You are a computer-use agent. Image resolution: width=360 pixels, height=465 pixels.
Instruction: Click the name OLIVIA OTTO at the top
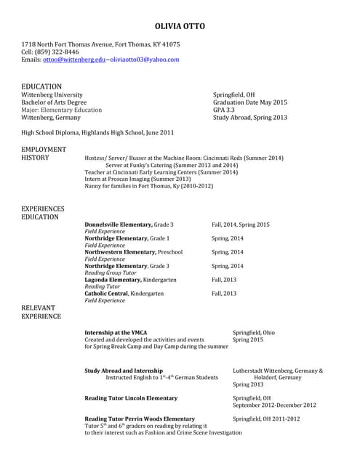[180, 27]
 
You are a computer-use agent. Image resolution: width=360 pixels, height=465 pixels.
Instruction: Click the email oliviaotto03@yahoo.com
[144, 60]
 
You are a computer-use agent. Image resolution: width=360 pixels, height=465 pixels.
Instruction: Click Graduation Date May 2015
[249, 102]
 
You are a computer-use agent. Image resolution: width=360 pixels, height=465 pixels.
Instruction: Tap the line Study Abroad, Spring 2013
[249, 118]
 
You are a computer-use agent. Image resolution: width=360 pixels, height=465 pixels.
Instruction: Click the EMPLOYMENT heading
[44, 149]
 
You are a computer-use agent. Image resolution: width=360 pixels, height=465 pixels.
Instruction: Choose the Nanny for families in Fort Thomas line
[148, 186]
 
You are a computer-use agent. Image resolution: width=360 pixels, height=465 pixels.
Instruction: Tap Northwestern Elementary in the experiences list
[121, 252]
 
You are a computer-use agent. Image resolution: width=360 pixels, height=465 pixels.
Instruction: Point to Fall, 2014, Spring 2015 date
[240, 225]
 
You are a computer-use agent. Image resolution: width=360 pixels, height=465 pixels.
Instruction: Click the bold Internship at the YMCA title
[116, 333]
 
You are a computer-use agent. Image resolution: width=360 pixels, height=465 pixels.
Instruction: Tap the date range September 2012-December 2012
[274, 405]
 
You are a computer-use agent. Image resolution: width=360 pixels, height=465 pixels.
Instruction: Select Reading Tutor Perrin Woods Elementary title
[140, 419]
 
